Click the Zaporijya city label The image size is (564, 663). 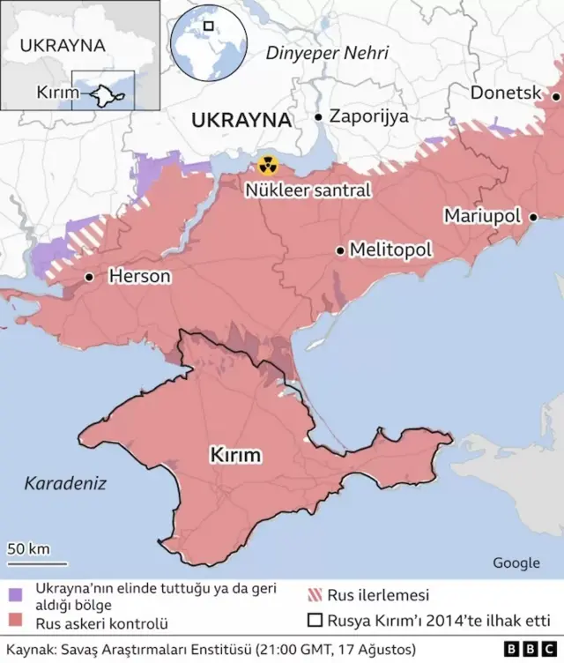tap(368, 115)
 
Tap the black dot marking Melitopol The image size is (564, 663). tap(340, 250)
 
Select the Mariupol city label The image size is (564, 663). tap(482, 216)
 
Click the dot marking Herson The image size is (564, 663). tap(89, 277)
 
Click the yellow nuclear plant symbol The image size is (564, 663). tap(267, 165)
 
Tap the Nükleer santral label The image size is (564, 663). tap(308, 190)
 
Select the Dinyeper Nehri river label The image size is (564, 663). tap(327, 53)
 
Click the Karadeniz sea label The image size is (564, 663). tap(64, 483)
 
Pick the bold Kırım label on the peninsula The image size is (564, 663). tap(235, 455)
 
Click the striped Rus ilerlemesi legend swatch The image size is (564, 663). tap(315, 595)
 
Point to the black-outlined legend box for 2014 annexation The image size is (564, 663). tap(315, 621)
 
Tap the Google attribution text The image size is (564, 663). tap(516, 562)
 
